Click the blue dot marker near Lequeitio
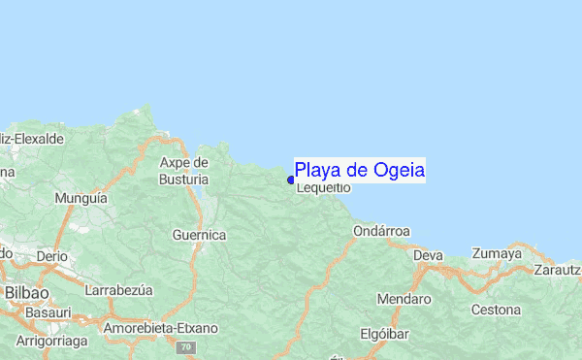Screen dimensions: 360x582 pos(291,180)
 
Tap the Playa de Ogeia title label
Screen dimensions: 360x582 pos(359,171)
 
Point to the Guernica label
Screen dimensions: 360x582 pos(199,235)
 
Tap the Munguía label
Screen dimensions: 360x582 pos(81,197)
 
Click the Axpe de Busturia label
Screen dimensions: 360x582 pos(184,171)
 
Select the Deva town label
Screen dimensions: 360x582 pos(428,255)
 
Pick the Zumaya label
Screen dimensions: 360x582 pos(497,254)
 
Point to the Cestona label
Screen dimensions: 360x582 pos(496,311)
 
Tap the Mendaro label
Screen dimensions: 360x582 pos(404,299)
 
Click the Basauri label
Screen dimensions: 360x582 pos(48,314)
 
